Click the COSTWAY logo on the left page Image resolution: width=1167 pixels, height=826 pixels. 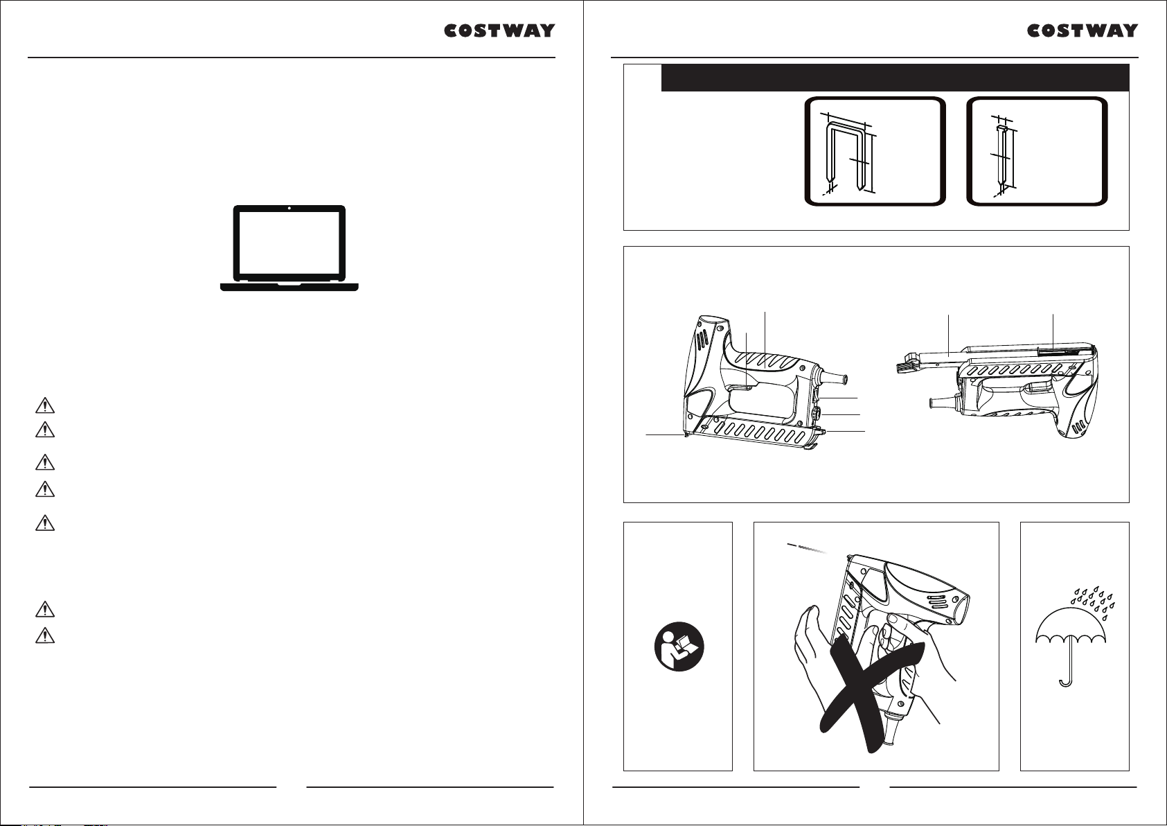(x=499, y=30)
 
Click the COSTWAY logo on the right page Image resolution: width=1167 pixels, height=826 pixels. (x=1082, y=30)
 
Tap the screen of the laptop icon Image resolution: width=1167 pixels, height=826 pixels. (x=289, y=244)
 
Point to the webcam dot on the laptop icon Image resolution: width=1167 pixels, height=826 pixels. (x=289, y=209)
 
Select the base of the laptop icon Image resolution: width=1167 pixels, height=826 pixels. (x=289, y=287)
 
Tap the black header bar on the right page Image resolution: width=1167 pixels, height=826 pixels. (x=895, y=78)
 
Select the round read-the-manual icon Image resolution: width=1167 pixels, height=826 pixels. (x=679, y=647)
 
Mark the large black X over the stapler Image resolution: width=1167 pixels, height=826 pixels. (x=871, y=696)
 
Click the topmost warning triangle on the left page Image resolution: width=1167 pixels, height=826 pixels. (x=45, y=405)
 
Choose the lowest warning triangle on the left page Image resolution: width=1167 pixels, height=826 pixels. (x=45, y=635)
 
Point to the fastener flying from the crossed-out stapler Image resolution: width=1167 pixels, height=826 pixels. (x=806, y=547)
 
